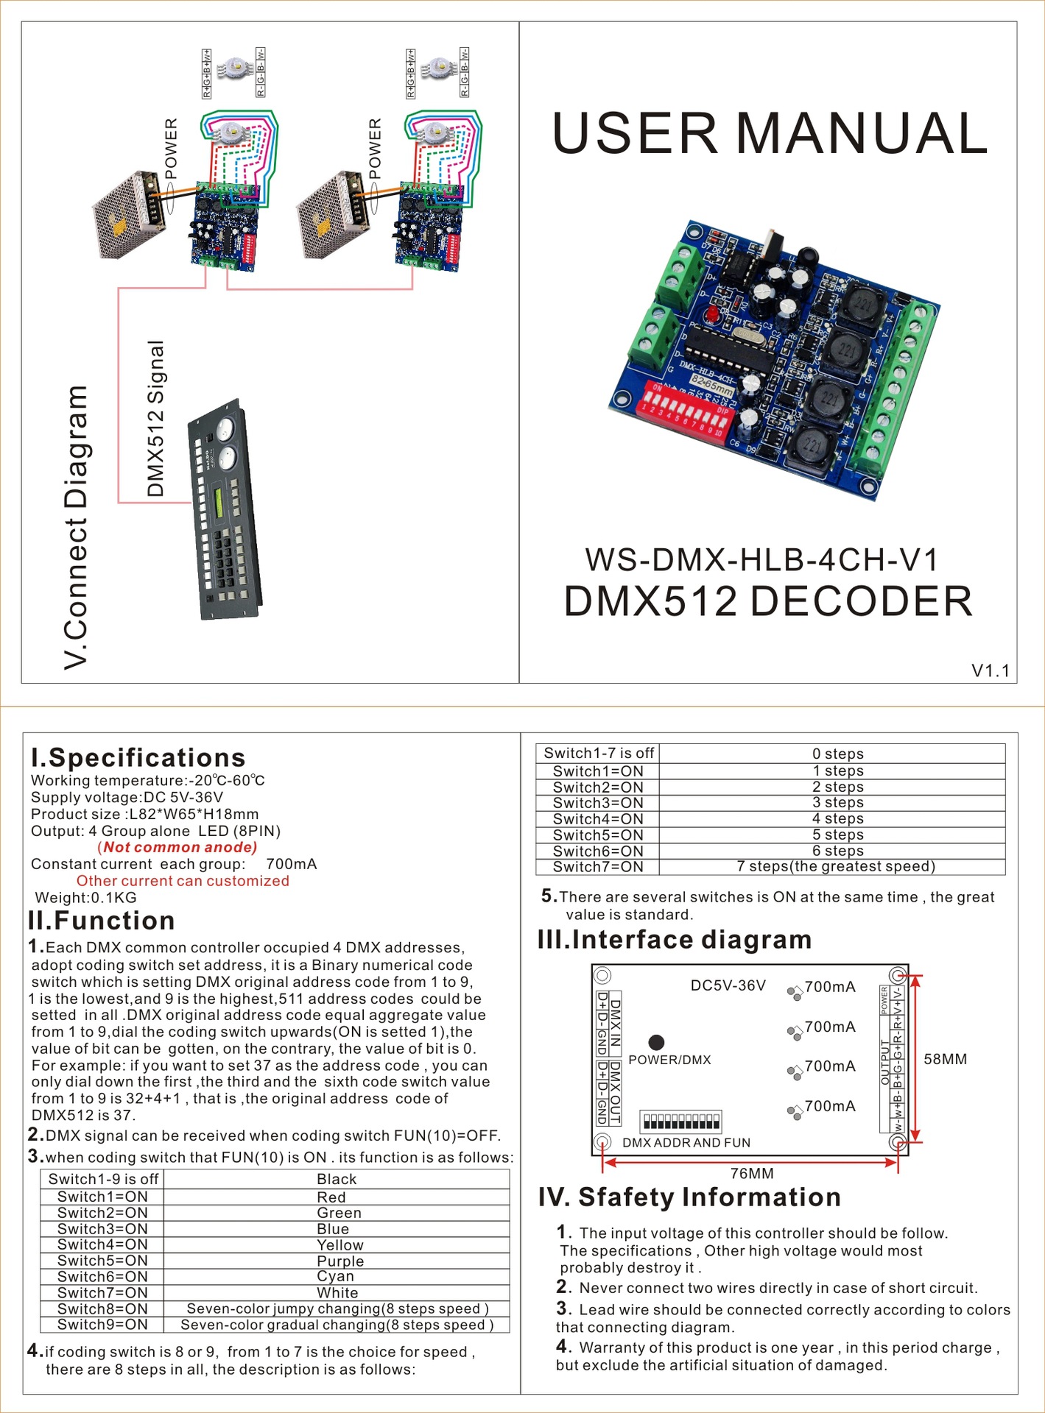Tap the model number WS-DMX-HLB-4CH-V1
[x=761, y=560]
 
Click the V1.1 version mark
[x=990, y=670]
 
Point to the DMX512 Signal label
[x=155, y=419]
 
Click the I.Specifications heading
[x=138, y=757]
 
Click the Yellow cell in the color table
[x=339, y=1245]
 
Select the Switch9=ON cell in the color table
[x=102, y=1325]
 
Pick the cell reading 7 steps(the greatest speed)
[x=835, y=866]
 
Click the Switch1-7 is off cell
[x=598, y=753]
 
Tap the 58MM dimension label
[x=945, y=1059]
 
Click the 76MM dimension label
[x=752, y=1173]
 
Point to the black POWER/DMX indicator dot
[x=656, y=1042]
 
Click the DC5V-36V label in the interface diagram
[x=728, y=985]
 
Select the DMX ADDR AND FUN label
[x=686, y=1143]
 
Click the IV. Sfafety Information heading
[x=689, y=1197]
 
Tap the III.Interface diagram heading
[x=674, y=940]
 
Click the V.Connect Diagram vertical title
[x=76, y=527]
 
